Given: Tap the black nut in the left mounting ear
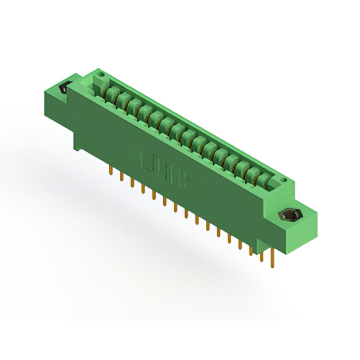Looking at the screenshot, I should click(64, 88).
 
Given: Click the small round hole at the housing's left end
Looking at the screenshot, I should click(101, 74).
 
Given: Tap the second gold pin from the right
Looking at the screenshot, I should click(261, 253).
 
